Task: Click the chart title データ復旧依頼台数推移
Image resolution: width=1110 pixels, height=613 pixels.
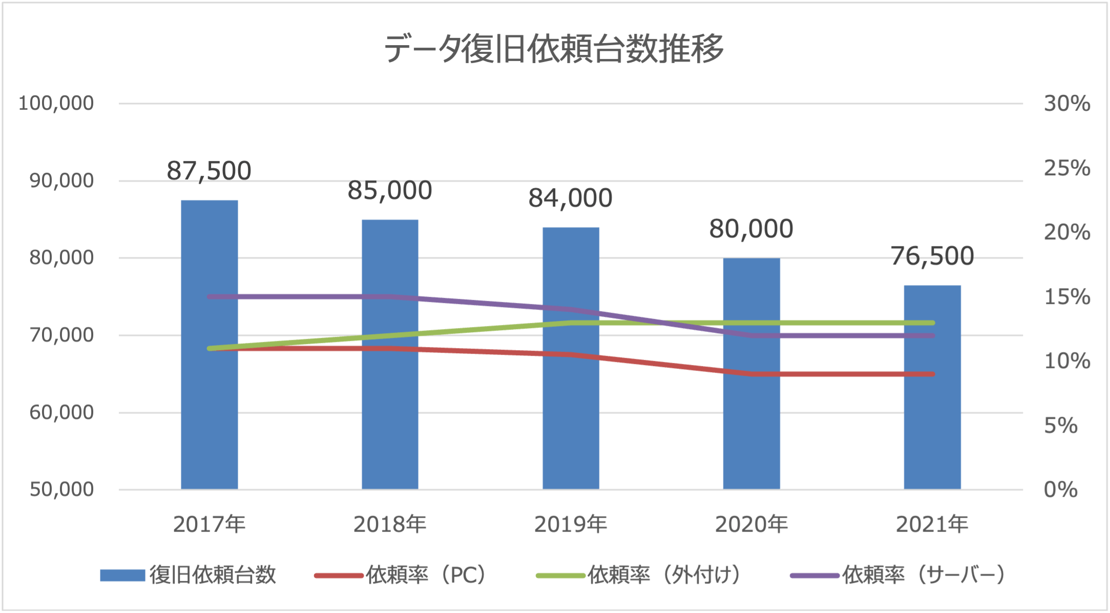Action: click(554, 49)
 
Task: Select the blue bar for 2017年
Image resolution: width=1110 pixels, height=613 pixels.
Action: click(210, 410)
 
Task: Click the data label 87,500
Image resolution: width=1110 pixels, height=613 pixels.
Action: click(209, 171)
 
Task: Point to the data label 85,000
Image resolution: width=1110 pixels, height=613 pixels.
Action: click(390, 191)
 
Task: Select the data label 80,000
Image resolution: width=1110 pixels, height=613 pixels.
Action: click(751, 229)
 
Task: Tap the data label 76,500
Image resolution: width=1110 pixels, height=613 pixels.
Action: click(932, 256)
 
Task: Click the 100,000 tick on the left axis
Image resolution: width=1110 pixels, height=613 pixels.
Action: click(56, 104)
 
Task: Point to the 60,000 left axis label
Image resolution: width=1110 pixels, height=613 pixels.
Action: click(61, 413)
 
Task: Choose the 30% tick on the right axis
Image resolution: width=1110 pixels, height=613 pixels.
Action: click(1067, 104)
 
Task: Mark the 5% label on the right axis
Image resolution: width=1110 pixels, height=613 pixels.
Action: click(1061, 426)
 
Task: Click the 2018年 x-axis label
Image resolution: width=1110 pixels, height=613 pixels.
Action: click(390, 524)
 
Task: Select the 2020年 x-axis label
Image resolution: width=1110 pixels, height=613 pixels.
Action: click(751, 524)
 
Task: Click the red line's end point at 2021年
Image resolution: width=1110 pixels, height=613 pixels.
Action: click(932, 374)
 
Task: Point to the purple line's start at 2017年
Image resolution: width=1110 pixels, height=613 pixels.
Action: click(210, 297)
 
